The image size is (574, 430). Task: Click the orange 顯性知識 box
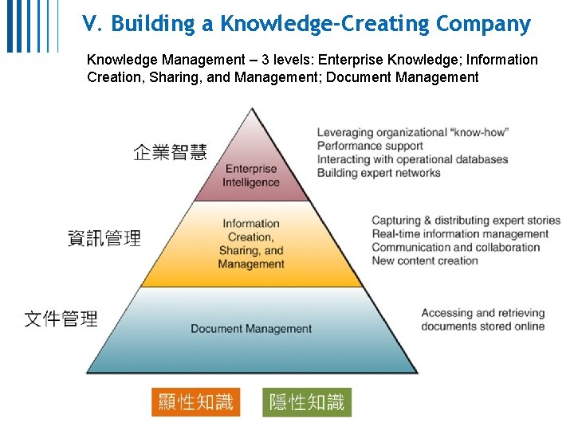(195, 402)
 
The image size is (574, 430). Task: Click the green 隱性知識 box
(307, 402)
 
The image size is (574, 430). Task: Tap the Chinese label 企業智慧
(170, 152)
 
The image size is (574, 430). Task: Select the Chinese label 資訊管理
(104, 237)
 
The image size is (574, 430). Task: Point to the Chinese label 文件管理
(61, 319)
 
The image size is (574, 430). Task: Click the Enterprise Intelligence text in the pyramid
(251, 175)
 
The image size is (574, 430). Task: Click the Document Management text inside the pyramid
(251, 329)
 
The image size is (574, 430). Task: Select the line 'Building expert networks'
(379, 173)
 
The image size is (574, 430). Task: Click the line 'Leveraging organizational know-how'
(413, 132)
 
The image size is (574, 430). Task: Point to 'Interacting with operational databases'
(412, 159)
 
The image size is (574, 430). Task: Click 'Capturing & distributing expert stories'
(466, 221)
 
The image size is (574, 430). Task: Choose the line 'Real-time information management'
(460, 234)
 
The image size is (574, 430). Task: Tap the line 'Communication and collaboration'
(455, 247)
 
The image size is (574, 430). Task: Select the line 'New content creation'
(425, 260)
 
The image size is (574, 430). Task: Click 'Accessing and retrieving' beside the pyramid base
(482, 313)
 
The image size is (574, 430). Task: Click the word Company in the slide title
(483, 25)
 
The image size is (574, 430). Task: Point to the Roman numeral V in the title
(88, 25)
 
